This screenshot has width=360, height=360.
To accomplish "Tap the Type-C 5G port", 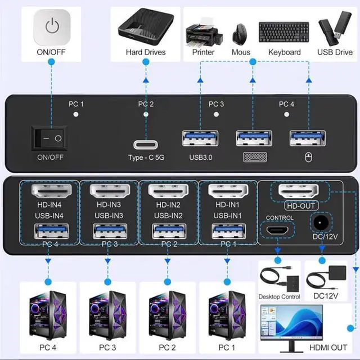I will pos(146,143).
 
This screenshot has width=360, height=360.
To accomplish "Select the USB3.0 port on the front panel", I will pos(199,138).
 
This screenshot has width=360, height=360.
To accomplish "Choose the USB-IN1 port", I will pos(228,231).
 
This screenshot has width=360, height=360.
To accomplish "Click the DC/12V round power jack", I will pos(322,224).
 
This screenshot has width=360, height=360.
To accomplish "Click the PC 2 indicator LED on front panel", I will pos(146,114).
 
